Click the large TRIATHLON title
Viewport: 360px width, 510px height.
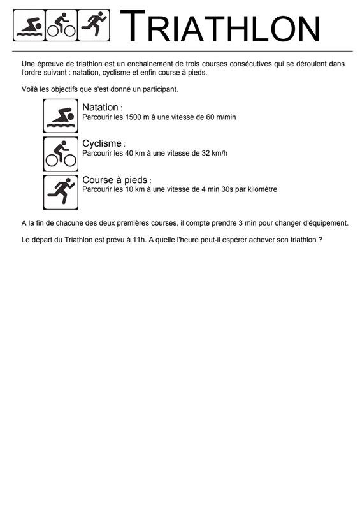point(220,26)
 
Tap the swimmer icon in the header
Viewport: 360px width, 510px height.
point(29,25)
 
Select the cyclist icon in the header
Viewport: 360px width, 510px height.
point(61,25)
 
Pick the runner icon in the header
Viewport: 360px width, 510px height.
point(94,25)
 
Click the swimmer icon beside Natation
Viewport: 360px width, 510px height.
point(61,116)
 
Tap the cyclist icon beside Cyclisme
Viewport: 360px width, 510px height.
point(61,154)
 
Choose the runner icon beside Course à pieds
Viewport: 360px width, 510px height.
point(61,193)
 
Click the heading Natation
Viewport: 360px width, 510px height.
point(100,107)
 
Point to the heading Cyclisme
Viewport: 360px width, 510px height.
point(102,143)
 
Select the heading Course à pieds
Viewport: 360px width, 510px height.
point(115,180)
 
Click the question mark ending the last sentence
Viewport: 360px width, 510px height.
point(320,240)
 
